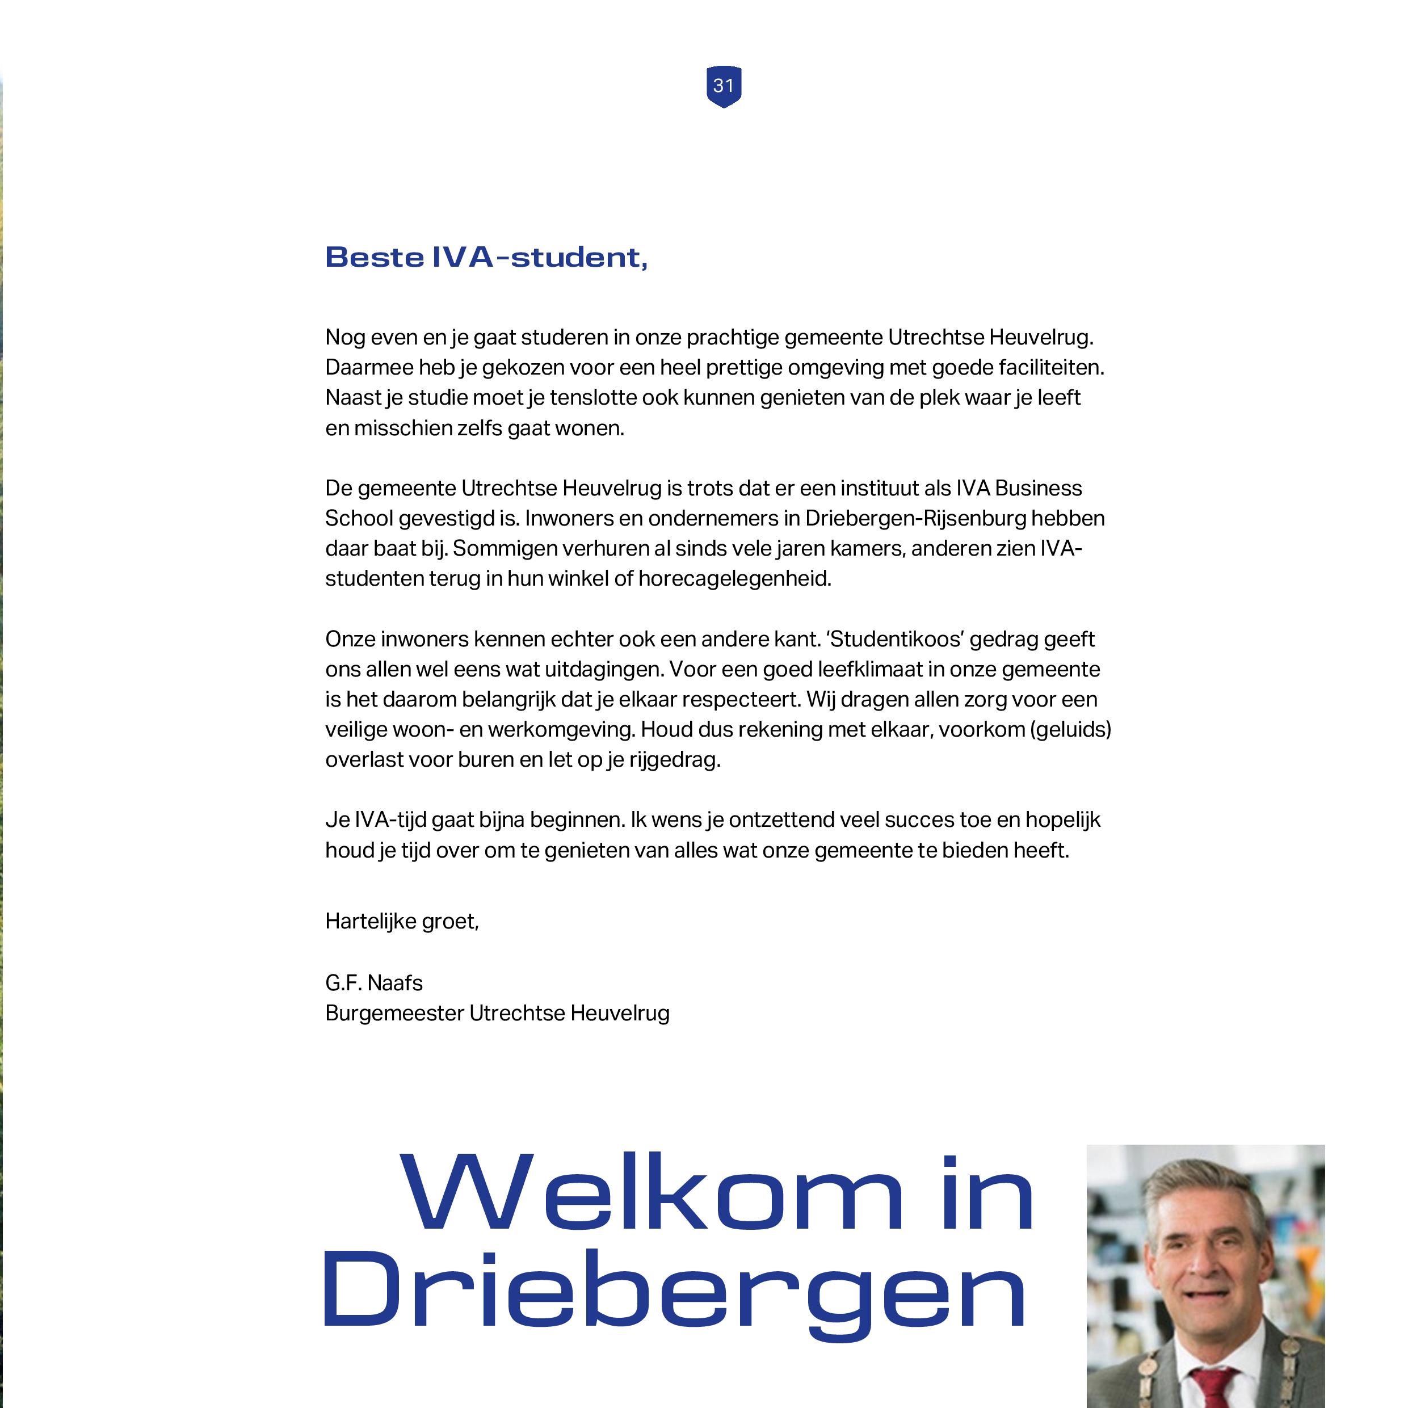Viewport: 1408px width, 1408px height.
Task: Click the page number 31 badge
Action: pyautogui.click(x=724, y=86)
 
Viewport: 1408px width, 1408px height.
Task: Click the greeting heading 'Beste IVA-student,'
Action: pyautogui.click(x=486, y=257)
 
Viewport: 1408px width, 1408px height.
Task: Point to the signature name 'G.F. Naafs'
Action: pyautogui.click(x=374, y=983)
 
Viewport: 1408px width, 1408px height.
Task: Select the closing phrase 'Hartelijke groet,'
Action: pyautogui.click(x=402, y=922)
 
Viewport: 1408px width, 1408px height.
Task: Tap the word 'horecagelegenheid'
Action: pyautogui.click(x=734, y=579)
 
